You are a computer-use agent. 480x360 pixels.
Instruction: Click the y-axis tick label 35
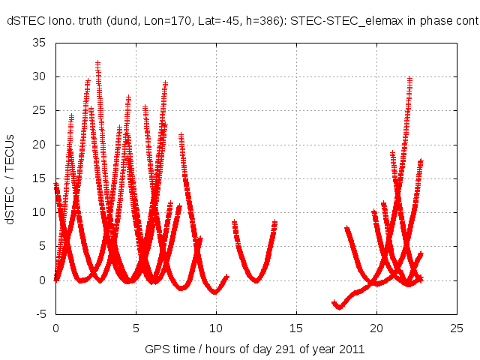[x=40, y=43]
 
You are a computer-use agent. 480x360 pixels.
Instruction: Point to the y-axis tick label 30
[x=40, y=76]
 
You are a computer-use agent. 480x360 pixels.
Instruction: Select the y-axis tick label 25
[x=40, y=110]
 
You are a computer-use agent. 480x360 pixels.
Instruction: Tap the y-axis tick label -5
[x=42, y=314]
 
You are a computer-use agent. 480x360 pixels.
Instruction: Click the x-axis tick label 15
[x=296, y=328]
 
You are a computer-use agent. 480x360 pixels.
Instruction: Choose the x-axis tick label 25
[x=457, y=328]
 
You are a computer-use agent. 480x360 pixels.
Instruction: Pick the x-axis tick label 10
[x=216, y=328]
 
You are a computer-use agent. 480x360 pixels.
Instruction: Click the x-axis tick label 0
[x=55, y=328]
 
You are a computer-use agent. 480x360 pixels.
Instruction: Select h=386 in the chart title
[x=256, y=22]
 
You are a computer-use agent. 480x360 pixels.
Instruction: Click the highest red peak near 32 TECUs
[x=97, y=63]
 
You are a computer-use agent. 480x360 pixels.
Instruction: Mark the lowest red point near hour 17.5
[x=340, y=307]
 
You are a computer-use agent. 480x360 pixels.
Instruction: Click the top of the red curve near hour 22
[x=409, y=78]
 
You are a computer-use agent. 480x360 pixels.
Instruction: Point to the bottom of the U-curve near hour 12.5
[x=256, y=280]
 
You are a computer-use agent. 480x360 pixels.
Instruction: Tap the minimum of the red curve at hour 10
[x=215, y=292]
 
